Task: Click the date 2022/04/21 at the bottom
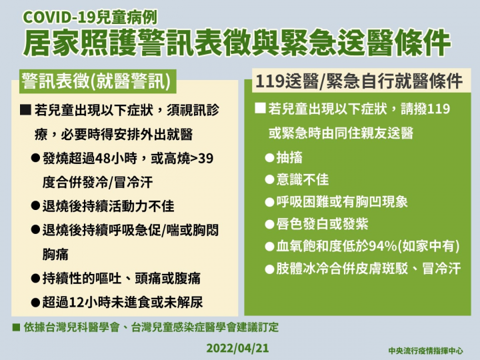[239, 347]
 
